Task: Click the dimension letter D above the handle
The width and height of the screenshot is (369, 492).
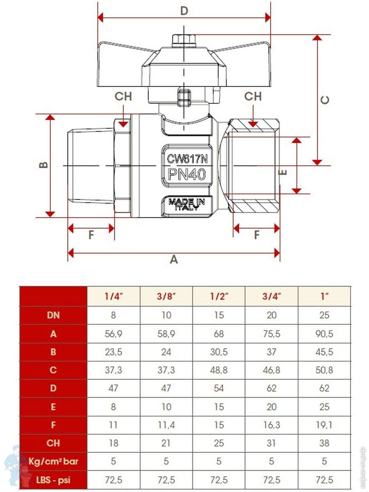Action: [184, 11]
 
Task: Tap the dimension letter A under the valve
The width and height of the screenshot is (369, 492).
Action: [174, 260]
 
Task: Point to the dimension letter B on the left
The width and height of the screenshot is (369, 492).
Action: [43, 165]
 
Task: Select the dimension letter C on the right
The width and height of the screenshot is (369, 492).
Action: [325, 100]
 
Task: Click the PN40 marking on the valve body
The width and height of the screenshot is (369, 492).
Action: [187, 174]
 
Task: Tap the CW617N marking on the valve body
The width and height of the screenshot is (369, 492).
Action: [187, 159]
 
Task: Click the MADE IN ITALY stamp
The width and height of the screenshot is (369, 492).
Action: [187, 204]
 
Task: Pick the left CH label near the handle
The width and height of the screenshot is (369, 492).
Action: [123, 96]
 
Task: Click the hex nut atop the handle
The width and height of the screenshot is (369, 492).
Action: [184, 41]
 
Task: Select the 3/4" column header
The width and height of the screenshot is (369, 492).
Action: [271, 296]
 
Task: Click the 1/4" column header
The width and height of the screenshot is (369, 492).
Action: [114, 296]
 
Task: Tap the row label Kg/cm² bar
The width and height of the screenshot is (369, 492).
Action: [53, 461]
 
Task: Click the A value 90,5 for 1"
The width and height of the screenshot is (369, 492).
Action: [324, 334]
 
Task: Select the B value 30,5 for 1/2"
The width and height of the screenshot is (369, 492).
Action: [219, 352]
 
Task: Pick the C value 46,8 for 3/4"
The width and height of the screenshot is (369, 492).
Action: [271, 370]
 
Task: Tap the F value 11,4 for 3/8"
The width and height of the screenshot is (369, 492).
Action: [166, 425]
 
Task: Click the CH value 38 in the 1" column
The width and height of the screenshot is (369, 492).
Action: [324, 443]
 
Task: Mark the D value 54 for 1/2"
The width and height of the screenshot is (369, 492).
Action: [219, 388]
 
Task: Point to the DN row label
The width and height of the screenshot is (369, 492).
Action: [53, 315]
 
